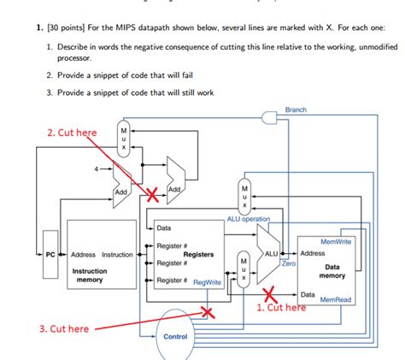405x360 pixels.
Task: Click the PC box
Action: [x=50, y=255]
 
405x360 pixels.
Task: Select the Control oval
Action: [x=175, y=336]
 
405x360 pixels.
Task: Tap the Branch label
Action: [x=296, y=110]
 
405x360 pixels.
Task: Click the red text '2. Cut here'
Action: [x=73, y=133]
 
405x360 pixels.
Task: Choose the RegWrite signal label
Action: [x=208, y=281]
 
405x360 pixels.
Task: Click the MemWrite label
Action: [x=336, y=242]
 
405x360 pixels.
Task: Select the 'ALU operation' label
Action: [x=248, y=220]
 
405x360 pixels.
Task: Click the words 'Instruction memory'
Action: [x=90, y=274]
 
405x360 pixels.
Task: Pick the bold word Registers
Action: [x=198, y=255]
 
